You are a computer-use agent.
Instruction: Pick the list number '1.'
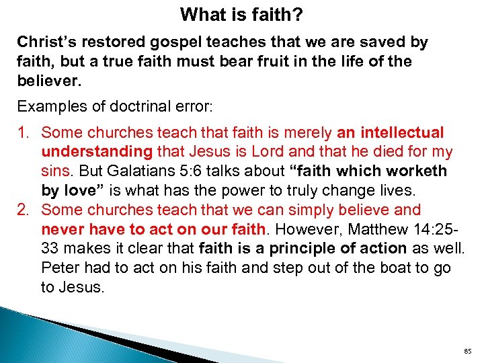25,133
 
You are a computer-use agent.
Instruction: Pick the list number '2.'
25,210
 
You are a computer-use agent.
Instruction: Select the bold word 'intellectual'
403,133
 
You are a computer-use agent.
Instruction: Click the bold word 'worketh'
414,171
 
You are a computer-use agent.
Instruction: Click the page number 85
467,350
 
